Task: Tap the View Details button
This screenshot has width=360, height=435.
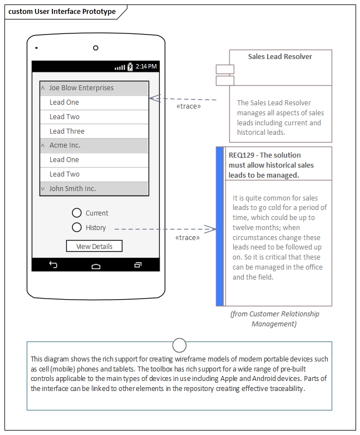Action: click(94, 246)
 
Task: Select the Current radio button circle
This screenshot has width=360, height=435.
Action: click(77, 213)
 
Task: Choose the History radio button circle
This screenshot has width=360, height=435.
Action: click(77, 227)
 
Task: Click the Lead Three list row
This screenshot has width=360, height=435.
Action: click(94, 131)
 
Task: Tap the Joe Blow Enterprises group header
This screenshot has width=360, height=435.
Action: click(94, 88)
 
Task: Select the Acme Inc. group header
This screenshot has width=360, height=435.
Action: click(94, 145)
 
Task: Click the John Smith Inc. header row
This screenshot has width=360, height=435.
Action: click(94, 189)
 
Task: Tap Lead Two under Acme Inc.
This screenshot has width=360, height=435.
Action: click(94, 174)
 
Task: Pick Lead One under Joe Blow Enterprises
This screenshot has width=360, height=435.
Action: click(94, 102)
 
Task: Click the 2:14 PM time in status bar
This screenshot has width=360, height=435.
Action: click(146, 67)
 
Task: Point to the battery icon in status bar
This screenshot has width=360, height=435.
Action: click(130, 67)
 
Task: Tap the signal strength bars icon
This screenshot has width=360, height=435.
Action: click(120, 67)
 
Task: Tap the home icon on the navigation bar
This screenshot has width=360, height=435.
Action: click(96, 266)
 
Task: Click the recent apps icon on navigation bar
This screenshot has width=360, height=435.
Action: click(138, 265)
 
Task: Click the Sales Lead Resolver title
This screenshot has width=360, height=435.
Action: click(280, 57)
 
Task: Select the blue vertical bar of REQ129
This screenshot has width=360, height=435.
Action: click(220, 226)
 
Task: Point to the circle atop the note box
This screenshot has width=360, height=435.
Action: click(179, 344)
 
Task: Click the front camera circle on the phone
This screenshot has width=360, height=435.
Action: click(96, 48)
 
